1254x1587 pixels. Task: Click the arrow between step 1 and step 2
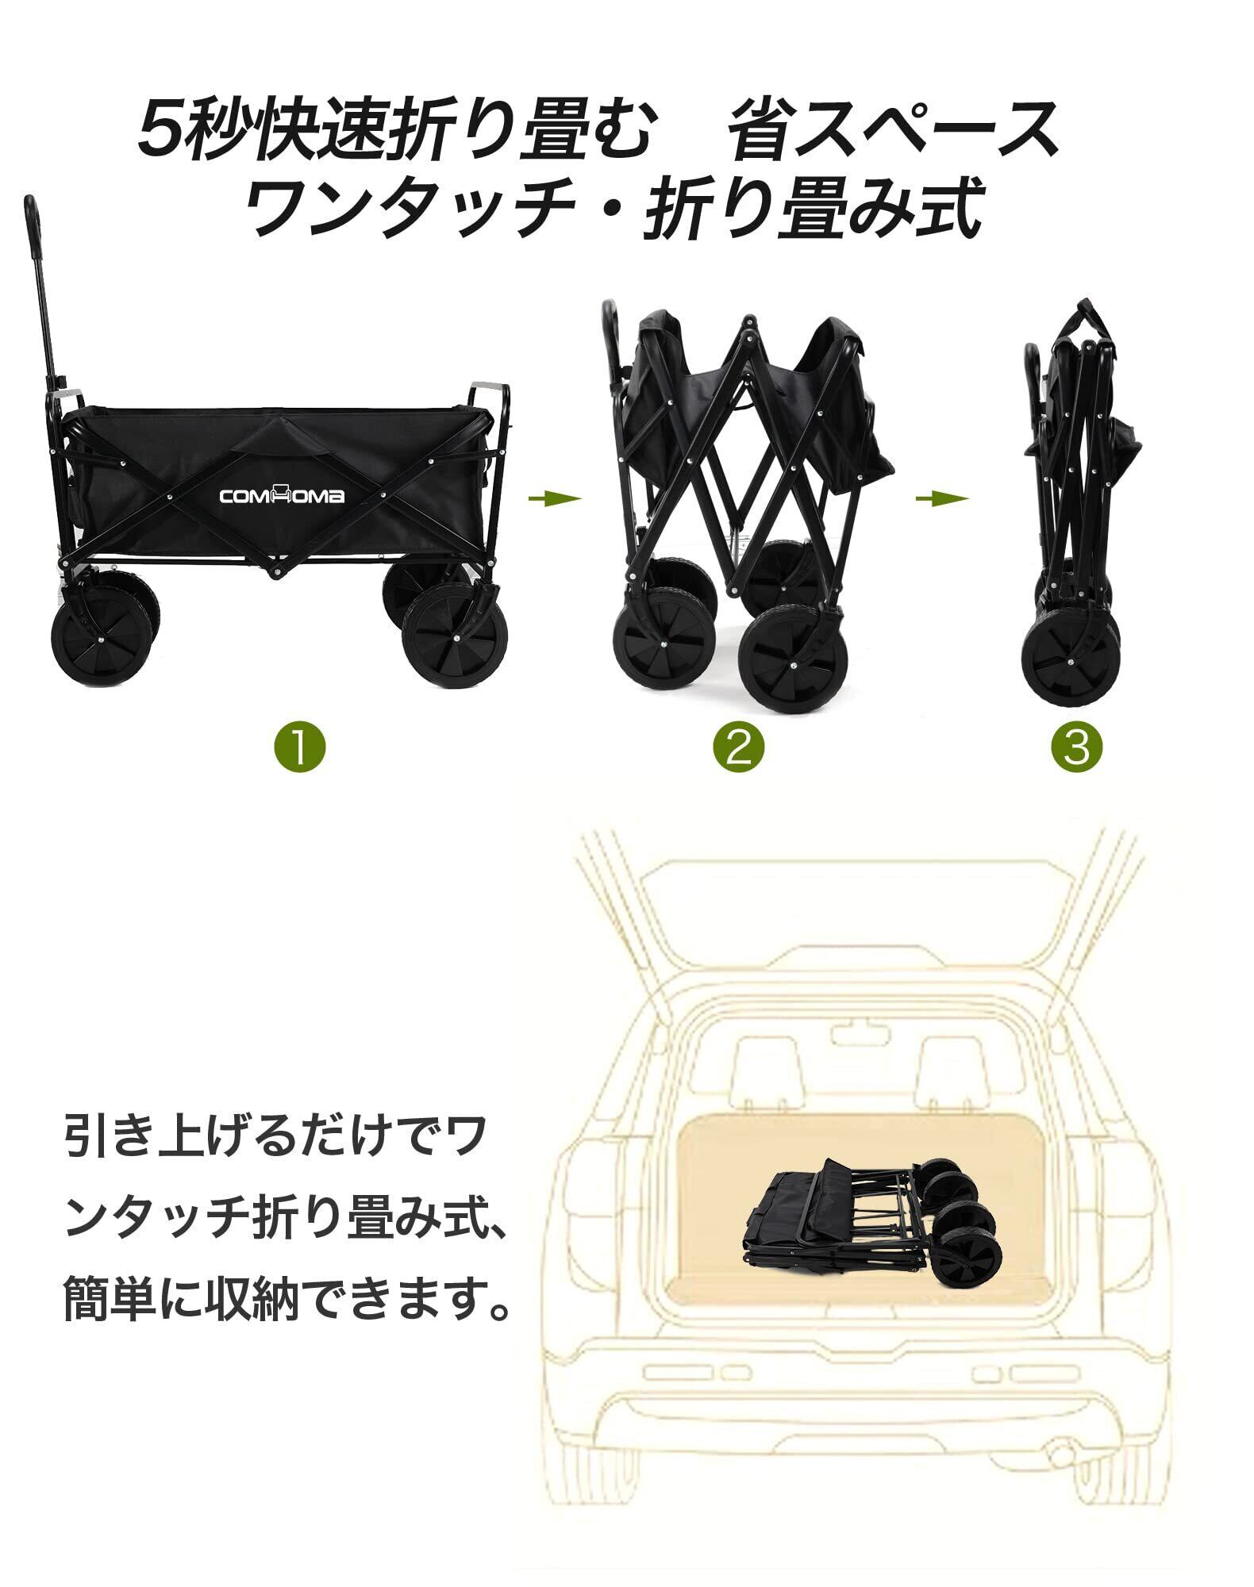tap(555, 498)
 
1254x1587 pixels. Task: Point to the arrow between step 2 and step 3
tap(942, 498)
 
